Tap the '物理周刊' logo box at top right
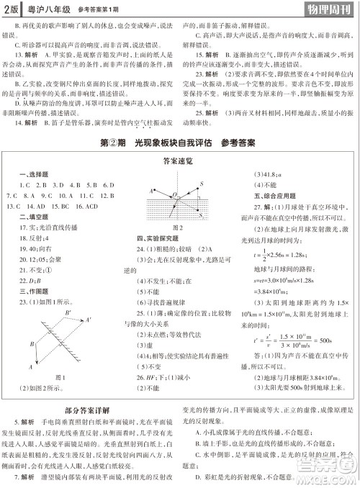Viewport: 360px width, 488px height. [328, 9]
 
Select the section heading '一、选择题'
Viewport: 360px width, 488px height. [27, 175]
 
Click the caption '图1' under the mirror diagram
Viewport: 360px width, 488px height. [63, 377]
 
